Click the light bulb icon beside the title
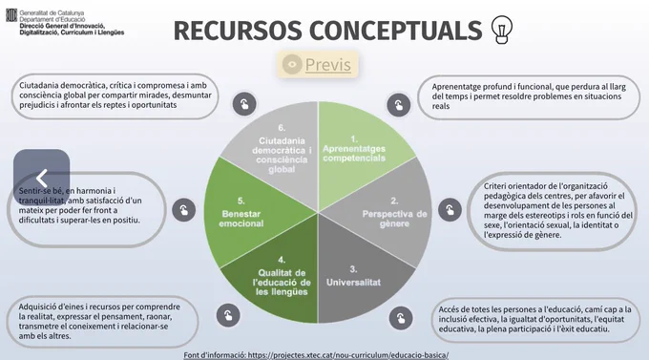pyautogui.click(x=502, y=30)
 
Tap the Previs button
pyautogui.click(x=318, y=65)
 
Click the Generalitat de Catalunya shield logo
pyautogui.click(x=11, y=15)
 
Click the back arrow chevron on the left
pyautogui.click(x=41, y=179)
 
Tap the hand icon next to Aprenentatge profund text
pyautogui.click(x=399, y=105)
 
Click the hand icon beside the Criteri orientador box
pyautogui.click(x=450, y=210)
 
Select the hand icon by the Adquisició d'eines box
pyautogui.click(x=228, y=315)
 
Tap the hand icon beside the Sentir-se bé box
pyautogui.click(x=184, y=210)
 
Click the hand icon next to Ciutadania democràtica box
pyautogui.click(x=244, y=103)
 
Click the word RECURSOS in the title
pyautogui.click(x=238, y=31)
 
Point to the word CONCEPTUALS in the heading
pyautogui.click(x=396, y=31)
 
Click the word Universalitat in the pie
pyautogui.click(x=353, y=282)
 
